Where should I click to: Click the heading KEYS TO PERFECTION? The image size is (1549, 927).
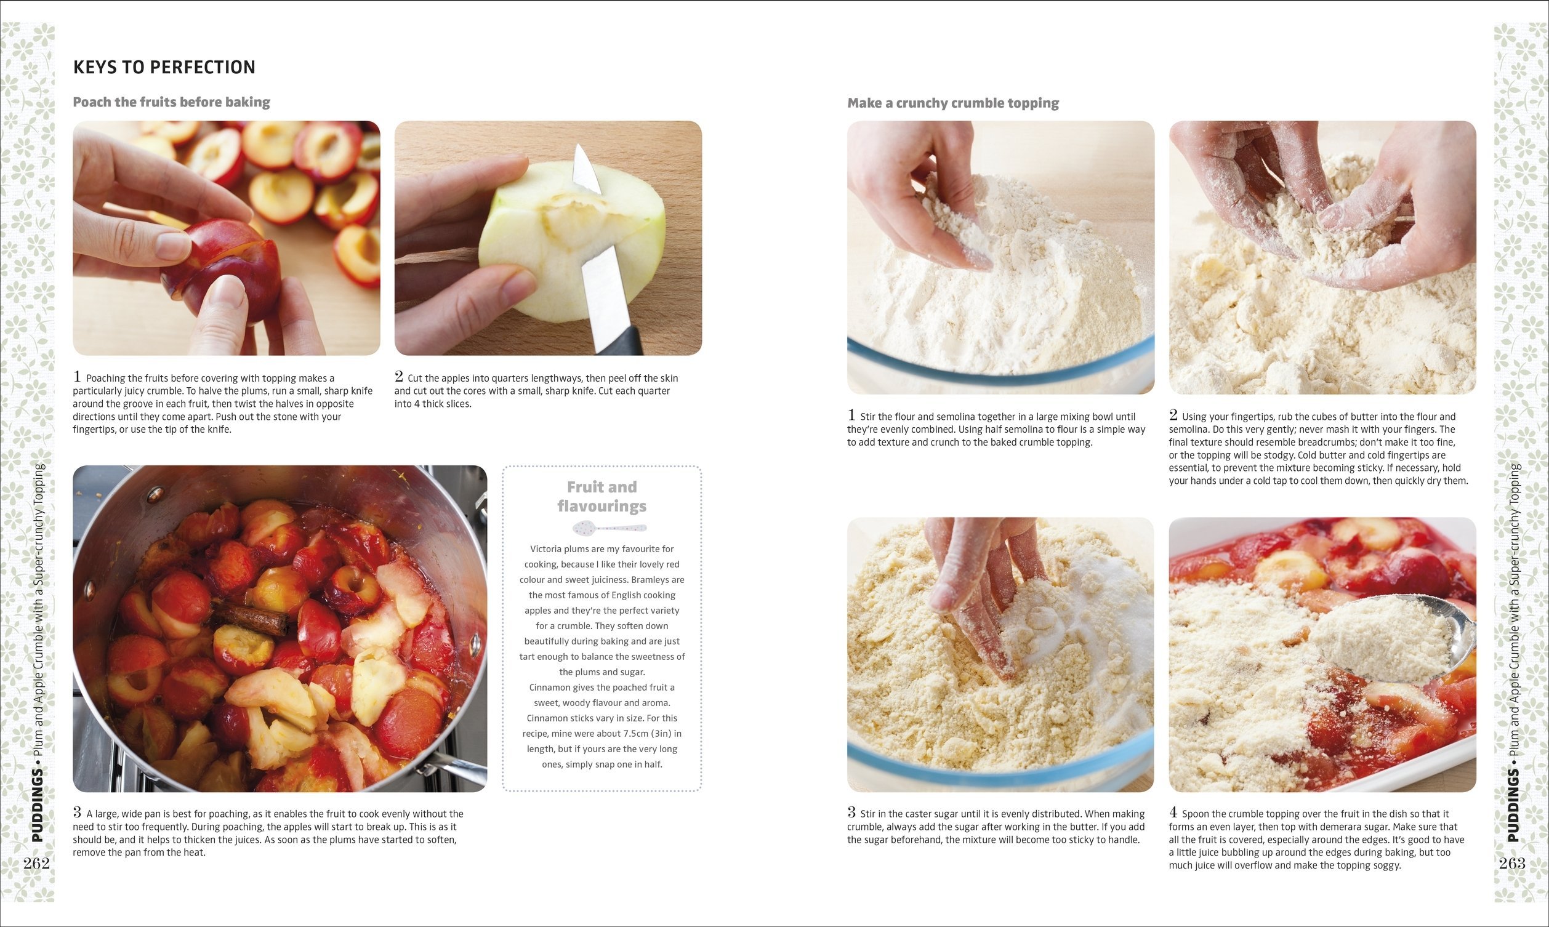164,67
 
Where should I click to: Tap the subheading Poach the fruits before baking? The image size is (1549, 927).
172,102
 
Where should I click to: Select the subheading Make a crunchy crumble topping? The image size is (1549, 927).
953,103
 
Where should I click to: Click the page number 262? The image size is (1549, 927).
36,863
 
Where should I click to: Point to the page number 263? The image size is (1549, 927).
1512,863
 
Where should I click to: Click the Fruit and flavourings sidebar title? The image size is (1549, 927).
602,496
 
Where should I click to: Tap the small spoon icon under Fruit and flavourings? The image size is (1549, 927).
610,528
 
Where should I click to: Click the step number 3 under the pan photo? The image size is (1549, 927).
78,812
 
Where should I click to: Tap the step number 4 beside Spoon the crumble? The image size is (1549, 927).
1173,812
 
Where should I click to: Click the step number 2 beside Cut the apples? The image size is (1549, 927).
399,376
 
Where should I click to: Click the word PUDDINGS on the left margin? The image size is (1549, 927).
38,805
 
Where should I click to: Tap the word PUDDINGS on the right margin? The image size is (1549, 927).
1513,805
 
